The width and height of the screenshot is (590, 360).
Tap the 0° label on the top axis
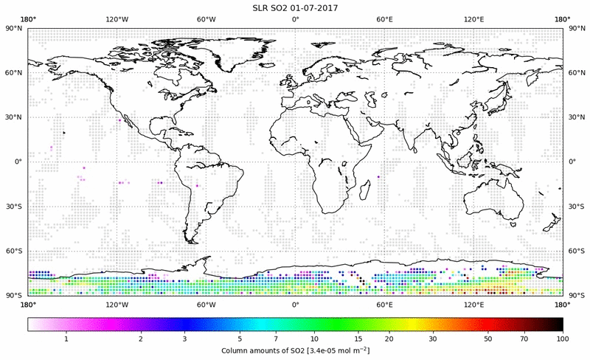[295, 19]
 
